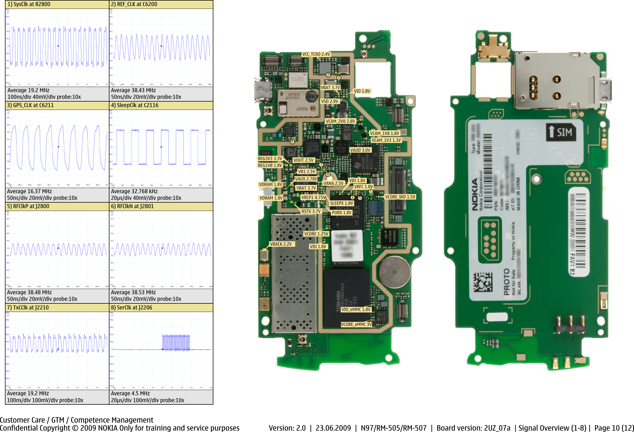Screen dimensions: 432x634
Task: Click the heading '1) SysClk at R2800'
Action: pyautogui.click(x=29, y=4)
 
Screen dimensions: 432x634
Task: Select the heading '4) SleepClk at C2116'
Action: pyautogui.click(x=135, y=105)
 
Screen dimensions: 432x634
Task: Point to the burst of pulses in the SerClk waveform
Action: pyautogui.click(x=176, y=343)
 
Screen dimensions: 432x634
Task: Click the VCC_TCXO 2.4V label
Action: pyautogui.click(x=316, y=54)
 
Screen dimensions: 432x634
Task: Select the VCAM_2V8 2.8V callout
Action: pyautogui.click(x=340, y=121)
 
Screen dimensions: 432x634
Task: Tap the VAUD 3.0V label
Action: pyautogui.click(x=360, y=150)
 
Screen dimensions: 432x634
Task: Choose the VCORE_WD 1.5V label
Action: pyautogui.click(x=400, y=197)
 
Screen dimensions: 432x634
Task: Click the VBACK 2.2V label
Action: pyautogui.click(x=281, y=244)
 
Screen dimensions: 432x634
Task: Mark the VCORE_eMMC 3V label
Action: pyautogui.click(x=356, y=324)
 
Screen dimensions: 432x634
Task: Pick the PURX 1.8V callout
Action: pyautogui.click(x=342, y=213)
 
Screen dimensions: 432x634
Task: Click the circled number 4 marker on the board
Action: pyautogui.click(x=292, y=142)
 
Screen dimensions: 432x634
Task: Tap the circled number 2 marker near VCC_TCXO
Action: pyautogui.click(x=328, y=75)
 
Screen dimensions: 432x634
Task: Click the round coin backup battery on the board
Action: pyautogui.click(x=394, y=272)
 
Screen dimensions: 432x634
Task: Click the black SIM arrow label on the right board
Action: pyautogui.click(x=561, y=132)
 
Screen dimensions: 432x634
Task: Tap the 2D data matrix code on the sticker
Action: pyautogui.click(x=483, y=282)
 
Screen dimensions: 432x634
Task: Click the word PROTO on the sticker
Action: pyautogui.click(x=506, y=282)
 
